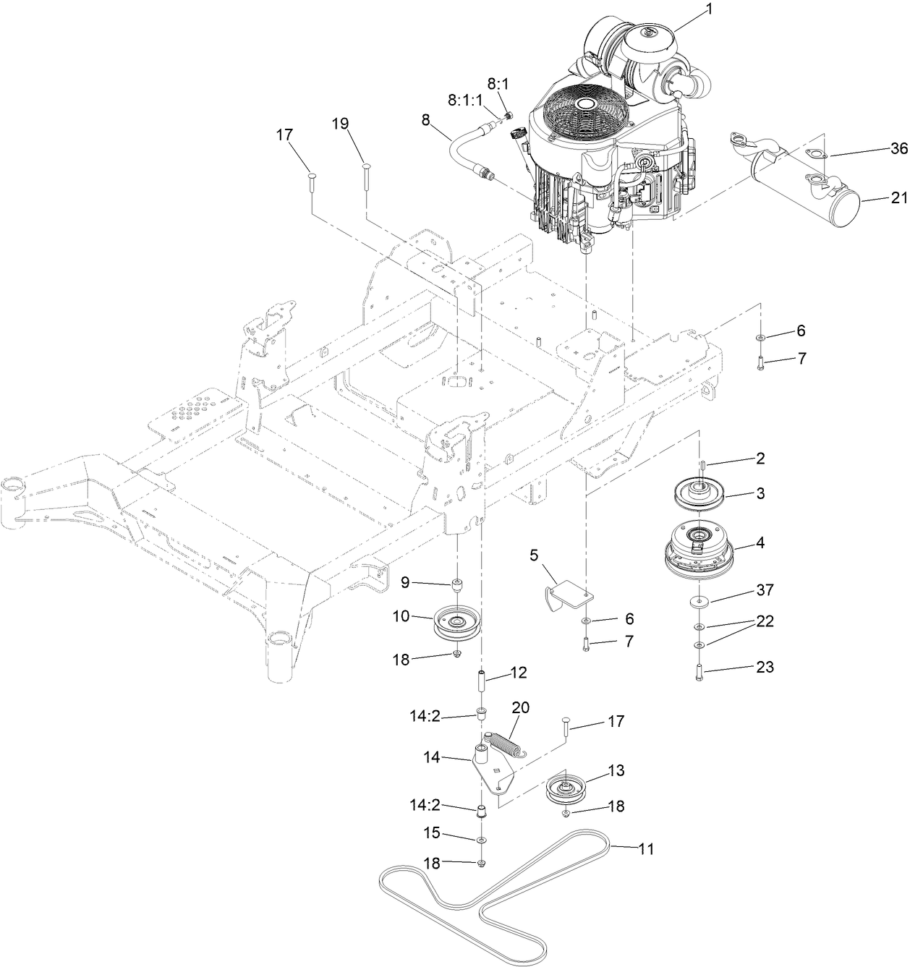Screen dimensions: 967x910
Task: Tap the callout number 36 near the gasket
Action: [898, 148]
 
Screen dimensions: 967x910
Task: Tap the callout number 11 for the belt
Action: [646, 848]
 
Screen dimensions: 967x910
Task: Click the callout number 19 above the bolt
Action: [340, 123]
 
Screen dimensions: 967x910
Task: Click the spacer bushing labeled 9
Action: [458, 584]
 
